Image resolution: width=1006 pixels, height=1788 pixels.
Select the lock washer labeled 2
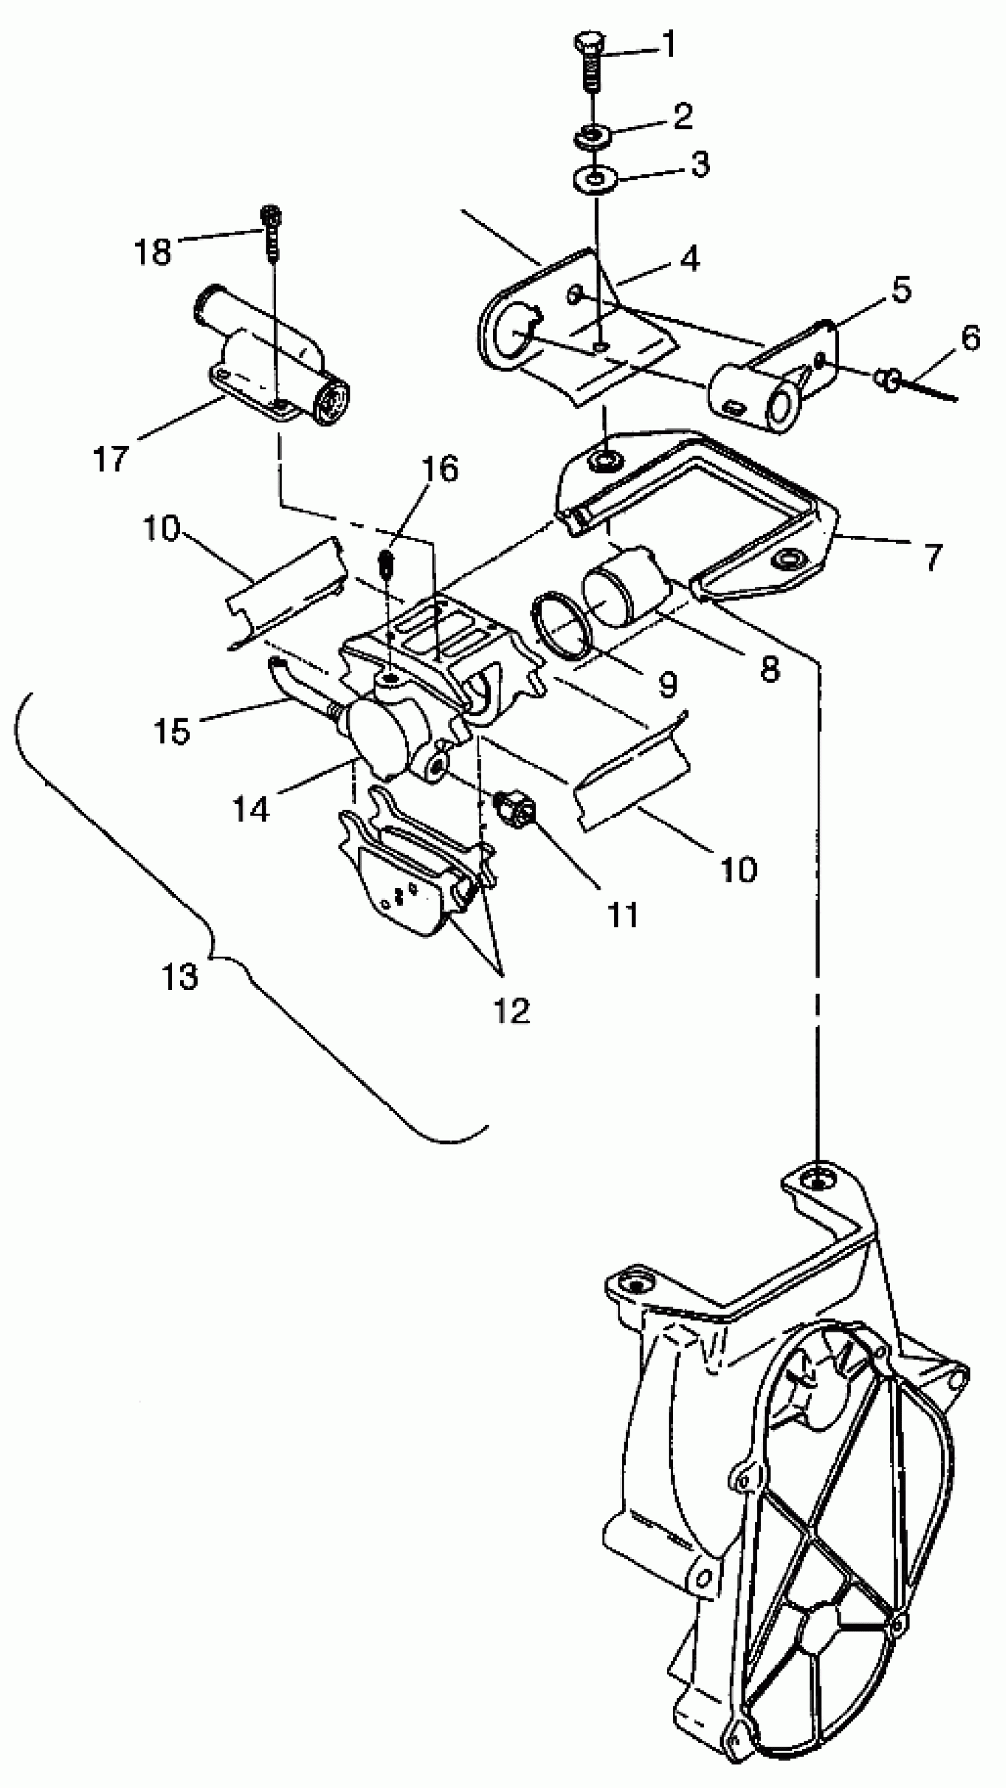point(592,135)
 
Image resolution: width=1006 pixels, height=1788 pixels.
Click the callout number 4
point(689,259)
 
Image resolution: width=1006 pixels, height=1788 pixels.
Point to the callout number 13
point(180,976)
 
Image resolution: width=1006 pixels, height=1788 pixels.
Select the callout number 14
point(250,809)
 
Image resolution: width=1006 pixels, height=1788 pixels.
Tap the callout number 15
point(172,730)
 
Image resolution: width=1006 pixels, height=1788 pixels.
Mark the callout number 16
point(440,469)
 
